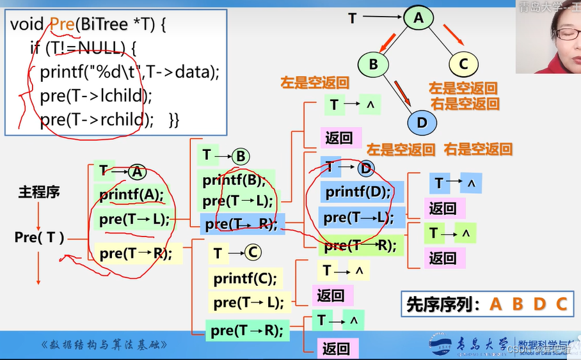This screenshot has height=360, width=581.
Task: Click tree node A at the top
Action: [418, 19]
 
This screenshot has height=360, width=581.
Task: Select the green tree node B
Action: [374, 63]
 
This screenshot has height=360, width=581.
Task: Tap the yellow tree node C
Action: [463, 63]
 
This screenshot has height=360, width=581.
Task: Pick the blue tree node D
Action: [422, 122]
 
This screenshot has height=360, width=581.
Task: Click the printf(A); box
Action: [132, 194]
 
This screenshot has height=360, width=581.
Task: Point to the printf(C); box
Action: [245, 278]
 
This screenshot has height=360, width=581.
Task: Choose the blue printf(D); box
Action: [358, 192]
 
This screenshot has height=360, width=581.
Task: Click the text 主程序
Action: [39, 192]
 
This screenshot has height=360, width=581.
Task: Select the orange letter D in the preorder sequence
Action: [539, 304]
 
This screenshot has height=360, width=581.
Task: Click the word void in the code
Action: [28, 25]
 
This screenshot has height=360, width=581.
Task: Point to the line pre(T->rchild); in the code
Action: [97, 120]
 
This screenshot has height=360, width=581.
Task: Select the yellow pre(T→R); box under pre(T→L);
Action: [136, 253]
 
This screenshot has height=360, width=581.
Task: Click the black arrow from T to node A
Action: [381, 18]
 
